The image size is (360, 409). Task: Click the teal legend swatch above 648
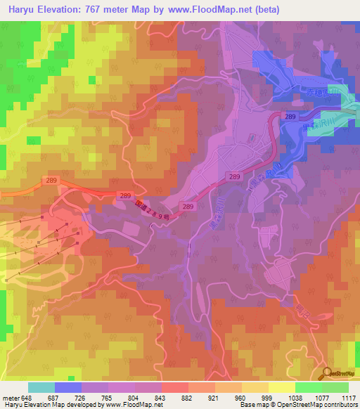41,387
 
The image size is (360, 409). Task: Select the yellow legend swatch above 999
281,387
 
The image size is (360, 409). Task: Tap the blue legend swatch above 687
67,387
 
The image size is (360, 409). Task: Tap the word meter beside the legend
11,397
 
